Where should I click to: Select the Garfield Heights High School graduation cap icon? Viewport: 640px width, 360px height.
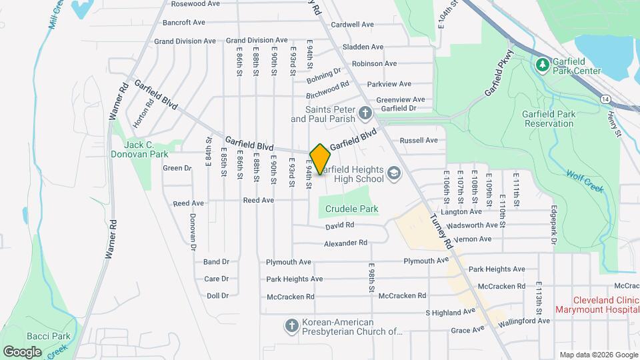click(x=394, y=173)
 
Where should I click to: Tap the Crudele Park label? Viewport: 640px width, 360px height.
click(x=351, y=209)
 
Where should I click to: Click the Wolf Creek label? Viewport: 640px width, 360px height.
click(x=585, y=180)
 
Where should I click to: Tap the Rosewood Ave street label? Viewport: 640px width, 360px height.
click(x=195, y=4)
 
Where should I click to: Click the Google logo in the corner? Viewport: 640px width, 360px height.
click(x=22, y=351)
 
